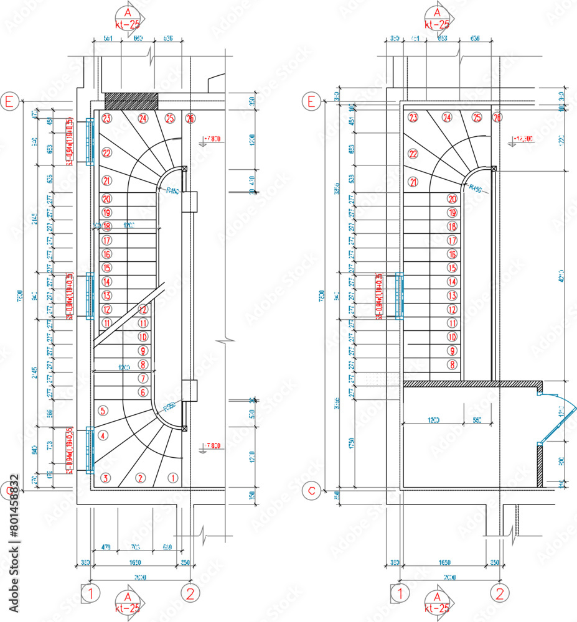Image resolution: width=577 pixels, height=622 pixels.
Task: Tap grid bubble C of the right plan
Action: point(312,491)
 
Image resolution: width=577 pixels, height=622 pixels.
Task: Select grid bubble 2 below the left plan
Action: point(190,593)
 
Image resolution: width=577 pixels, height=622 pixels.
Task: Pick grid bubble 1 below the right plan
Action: point(398,593)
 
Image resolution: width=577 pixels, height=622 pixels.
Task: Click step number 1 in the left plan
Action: point(172,478)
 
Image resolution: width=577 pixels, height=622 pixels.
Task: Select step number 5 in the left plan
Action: point(103,411)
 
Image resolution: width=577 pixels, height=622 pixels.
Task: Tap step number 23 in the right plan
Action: point(413,117)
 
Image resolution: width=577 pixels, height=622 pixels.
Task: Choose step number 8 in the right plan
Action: point(453,364)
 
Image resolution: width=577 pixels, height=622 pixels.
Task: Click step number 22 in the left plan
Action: point(106,153)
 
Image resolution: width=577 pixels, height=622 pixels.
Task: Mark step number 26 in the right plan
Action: point(497,118)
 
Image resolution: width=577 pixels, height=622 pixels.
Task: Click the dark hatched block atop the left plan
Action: point(131,100)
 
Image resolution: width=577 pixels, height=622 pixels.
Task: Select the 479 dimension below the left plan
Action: point(106,547)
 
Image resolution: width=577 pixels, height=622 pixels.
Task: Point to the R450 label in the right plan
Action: point(476,188)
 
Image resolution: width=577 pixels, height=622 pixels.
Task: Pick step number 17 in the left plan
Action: point(106,240)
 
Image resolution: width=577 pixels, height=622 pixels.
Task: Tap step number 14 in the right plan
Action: point(453,282)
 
